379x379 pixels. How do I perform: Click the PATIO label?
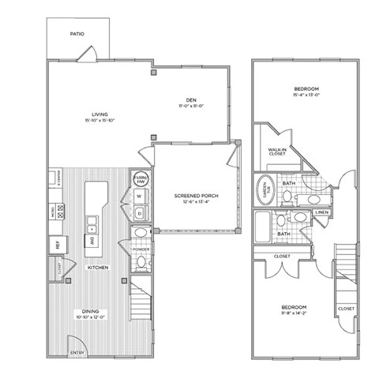point(77,35)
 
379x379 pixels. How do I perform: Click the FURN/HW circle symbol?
point(141,178)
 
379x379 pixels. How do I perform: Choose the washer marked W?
point(139,197)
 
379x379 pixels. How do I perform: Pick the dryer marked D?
point(139,213)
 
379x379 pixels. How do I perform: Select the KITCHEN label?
point(98,268)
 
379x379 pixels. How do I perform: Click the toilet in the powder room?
point(141,234)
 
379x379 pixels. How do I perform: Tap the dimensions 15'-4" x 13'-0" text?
point(306,97)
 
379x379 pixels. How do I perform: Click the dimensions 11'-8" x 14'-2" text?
point(294,312)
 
